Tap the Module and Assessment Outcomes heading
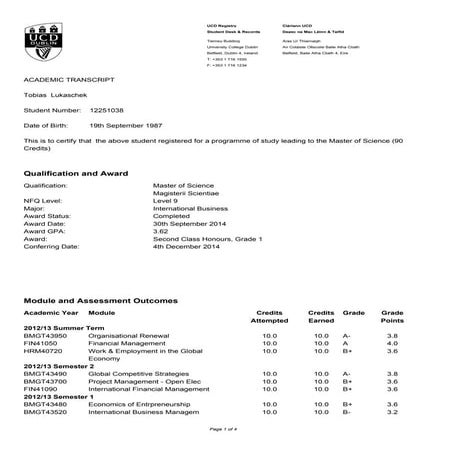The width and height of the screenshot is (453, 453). [x=100, y=300]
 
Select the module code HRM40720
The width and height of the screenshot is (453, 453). [x=41, y=350]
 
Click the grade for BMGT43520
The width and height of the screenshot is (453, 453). [x=347, y=410]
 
